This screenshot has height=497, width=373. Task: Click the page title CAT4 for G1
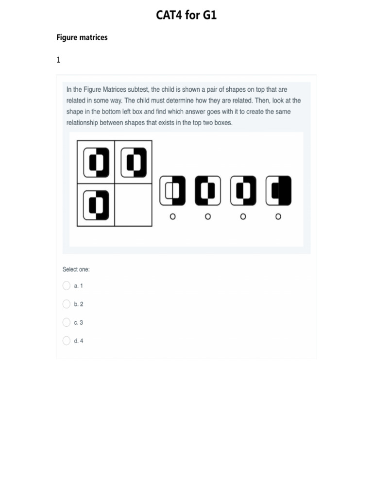pyautogui.click(x=186, y=16)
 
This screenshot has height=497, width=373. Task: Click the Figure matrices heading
pyautogui.click(x=82, y=37)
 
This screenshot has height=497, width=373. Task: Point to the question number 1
pyautogui.click(x=58, y=60)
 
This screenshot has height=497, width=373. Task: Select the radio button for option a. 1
pyautogui.click(x=67, y=285)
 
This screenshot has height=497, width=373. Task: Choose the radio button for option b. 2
pyautogui.click(x=67, y=304)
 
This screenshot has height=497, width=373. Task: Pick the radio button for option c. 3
pyautogui.click(x=67, y=322)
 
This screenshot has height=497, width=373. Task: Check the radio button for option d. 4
pyautogui.click(x=67, y=341)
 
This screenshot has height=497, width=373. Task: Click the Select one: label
pyautogui.click(x=76, y=269)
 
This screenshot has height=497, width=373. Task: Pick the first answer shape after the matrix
pyautogui.click(x=172, y=191)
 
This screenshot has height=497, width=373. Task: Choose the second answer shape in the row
pyautogui.click(x=208, y=191)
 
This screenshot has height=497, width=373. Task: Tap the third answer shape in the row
pyautogui.click(x=243, y=191)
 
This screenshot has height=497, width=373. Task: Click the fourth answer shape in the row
pyautogui.click(x=278, y=191)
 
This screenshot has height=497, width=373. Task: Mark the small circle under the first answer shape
pyautogui.click(x=172, y=216)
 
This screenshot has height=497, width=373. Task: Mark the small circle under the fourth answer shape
pyautogui.click(x=278, y=216)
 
